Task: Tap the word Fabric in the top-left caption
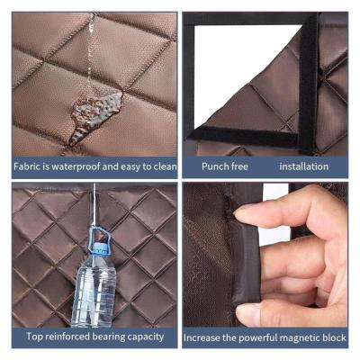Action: pos(27,166)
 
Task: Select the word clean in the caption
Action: pos(165,166)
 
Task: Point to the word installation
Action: pos(304,166)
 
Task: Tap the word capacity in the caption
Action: pos(146,337)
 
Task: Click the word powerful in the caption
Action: pos(256,337)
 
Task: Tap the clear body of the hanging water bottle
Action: pos(94,292)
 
